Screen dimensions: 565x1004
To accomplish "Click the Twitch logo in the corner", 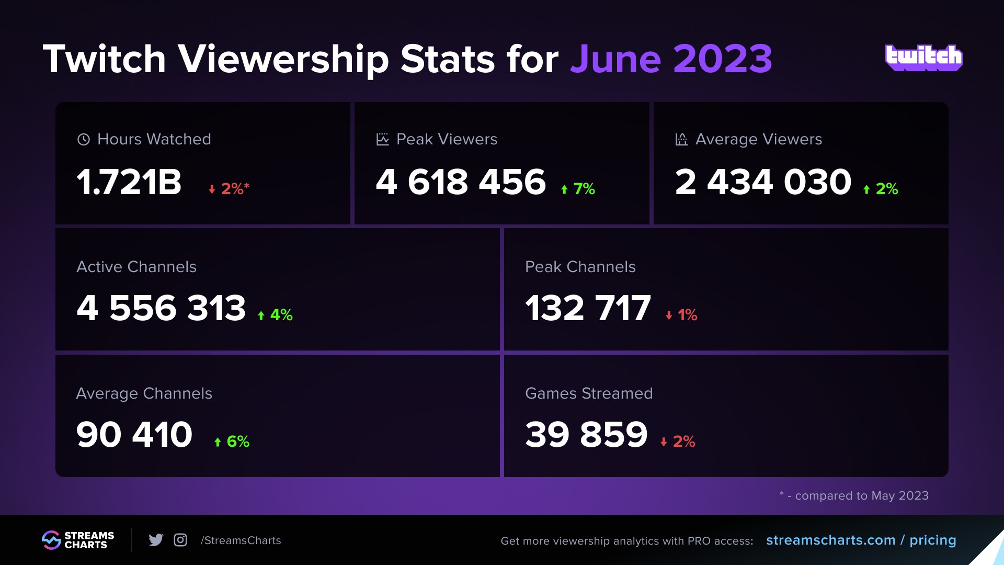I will (923, 58).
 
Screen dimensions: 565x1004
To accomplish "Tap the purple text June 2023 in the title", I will (671, 59).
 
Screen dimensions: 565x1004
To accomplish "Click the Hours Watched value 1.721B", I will (129, 182).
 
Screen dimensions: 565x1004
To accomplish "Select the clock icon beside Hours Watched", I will (84, 139).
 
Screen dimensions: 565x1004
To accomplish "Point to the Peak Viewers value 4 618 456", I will (461, 182).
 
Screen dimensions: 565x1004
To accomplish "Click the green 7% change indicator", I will (578, 188).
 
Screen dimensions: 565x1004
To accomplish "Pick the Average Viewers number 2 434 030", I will (763, 182).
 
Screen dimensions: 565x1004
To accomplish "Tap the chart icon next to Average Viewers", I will (681, 139).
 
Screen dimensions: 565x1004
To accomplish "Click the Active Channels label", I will (136, 267).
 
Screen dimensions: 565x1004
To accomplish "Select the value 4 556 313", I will (161, 308).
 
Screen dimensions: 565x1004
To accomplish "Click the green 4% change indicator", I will (276, 314).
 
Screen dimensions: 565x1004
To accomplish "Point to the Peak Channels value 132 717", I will (588, 308).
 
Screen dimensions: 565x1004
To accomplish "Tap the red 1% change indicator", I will (682, 314).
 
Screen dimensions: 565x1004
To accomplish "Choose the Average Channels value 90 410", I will (134, 434).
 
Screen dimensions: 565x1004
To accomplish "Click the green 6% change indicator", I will (232, 441).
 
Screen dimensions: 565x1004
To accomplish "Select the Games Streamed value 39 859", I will (586, 434).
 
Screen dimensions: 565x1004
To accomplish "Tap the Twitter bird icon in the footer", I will (156, 540).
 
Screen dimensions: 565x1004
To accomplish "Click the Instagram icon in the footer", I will (180, 540).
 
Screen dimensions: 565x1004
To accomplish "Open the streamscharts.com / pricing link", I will (861, 540).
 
